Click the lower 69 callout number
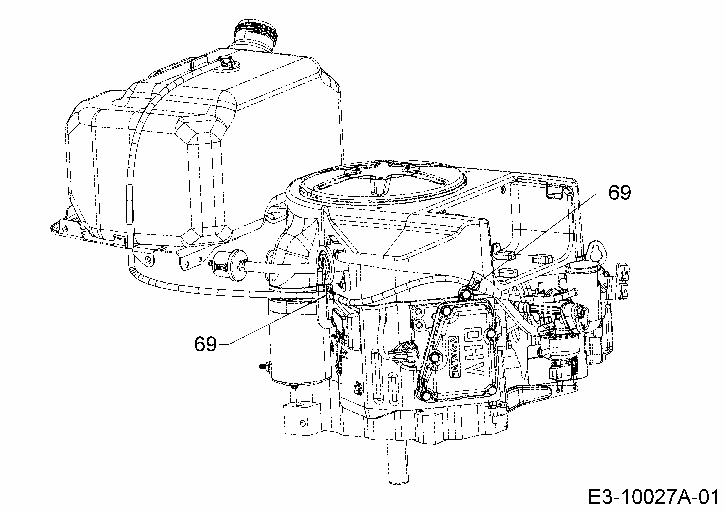click(x=205, y=344)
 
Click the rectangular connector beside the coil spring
click(x=556, y=375)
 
